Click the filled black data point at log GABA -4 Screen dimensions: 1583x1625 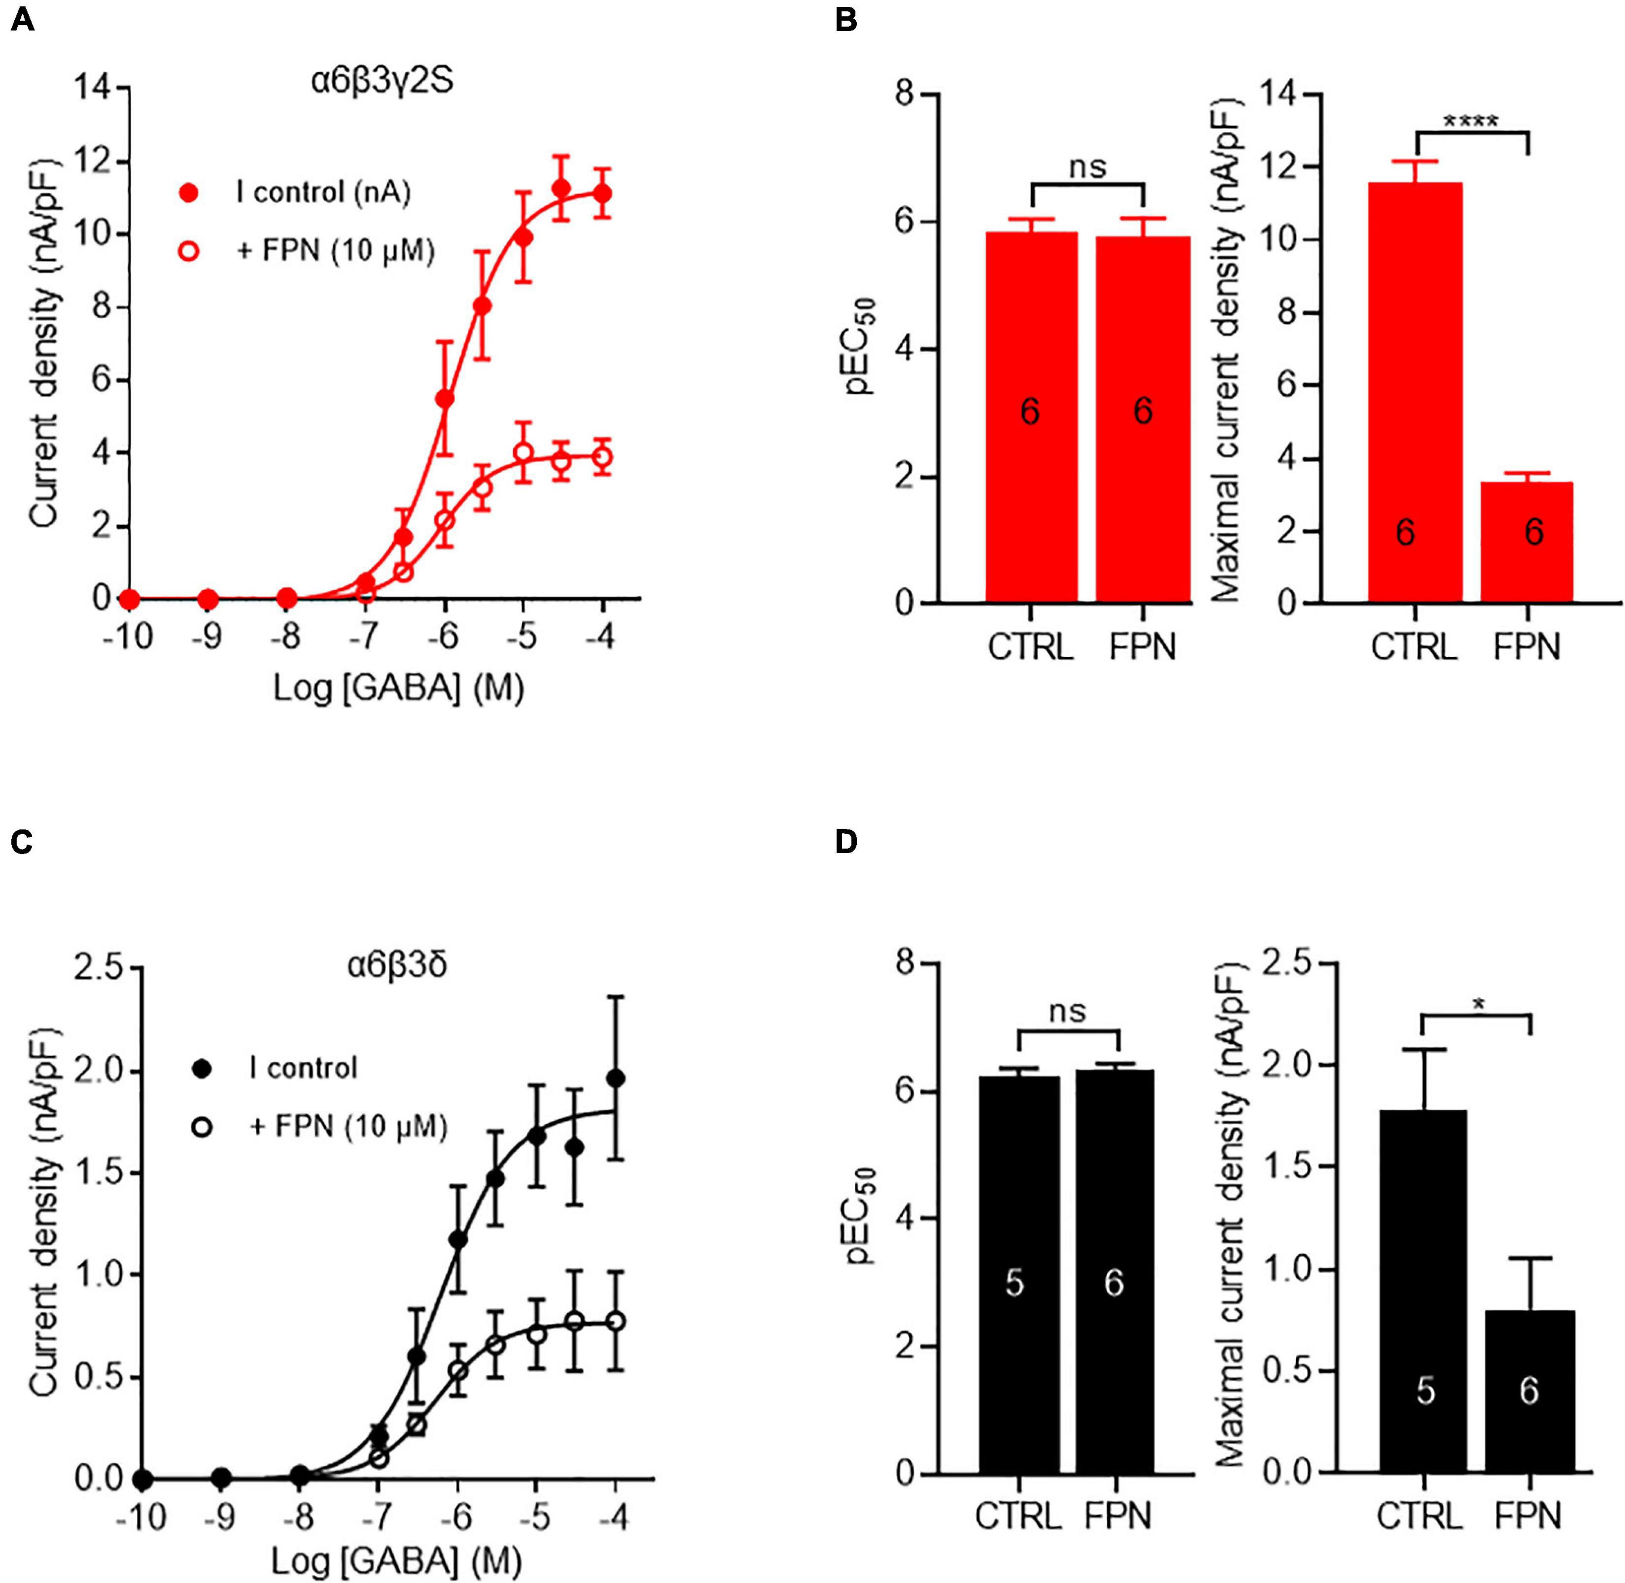pyautogui.click(x=615, y=1078)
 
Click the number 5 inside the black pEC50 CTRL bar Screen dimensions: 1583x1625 pyautogui.click(x=1015, y=1284)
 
